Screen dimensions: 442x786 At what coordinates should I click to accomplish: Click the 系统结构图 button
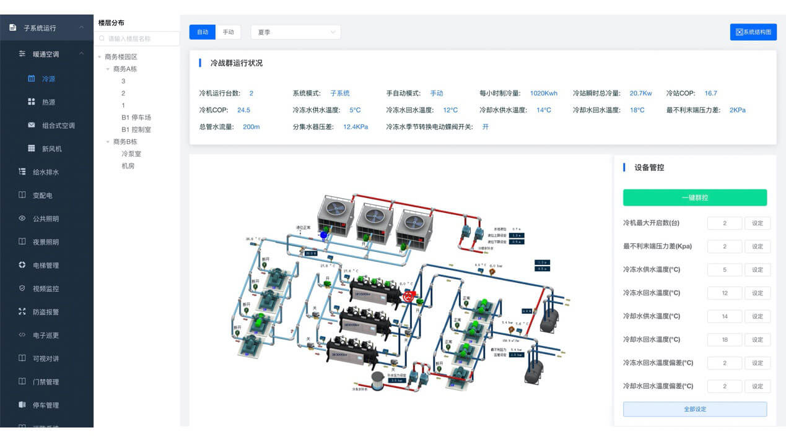[753, 32]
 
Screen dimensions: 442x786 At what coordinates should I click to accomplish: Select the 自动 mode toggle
[203, 32]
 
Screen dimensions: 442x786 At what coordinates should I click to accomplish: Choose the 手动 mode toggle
[229, 32]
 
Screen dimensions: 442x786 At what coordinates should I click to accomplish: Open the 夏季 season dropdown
[295, 32]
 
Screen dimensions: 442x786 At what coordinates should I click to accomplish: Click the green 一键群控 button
[694, 197]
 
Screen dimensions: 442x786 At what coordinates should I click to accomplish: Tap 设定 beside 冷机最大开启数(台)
[757, 223]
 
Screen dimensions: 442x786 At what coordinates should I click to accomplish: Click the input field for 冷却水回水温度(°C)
[724, 339]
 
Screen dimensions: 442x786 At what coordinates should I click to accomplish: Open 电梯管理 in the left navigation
[46, 266]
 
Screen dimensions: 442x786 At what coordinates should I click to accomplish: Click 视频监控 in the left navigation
[46, 288]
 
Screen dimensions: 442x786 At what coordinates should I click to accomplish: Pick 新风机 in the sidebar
[51, 149]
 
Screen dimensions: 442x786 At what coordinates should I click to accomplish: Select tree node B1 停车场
[136, 118]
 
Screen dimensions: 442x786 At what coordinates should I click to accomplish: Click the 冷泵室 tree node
[131, 154]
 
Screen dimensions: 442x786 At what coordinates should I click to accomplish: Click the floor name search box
[138, 38]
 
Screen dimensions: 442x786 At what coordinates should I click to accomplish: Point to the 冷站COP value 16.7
[710, 93]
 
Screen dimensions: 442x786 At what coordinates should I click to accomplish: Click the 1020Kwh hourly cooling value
[543, 93]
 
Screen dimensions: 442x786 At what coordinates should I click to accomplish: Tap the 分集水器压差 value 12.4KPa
[356, 127]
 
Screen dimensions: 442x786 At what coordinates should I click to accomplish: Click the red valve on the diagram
[408, 297]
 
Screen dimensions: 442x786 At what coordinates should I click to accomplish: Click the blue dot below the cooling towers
[323, 235]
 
